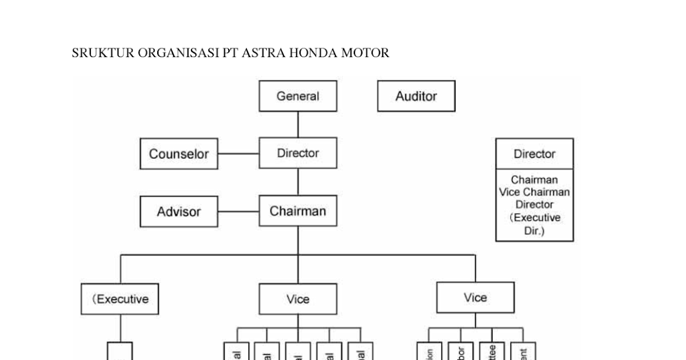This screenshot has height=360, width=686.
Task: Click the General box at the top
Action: [x=298, y=96]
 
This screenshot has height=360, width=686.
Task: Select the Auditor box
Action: [x=416, y=96]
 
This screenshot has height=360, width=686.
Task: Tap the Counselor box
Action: [x=179, y=154]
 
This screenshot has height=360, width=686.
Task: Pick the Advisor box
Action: [x=179, y=211]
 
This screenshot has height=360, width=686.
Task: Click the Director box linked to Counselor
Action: [x=298, y=153]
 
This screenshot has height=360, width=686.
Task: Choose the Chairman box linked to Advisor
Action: [x=298, y=211]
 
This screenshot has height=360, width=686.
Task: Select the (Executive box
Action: [x=120, y=299]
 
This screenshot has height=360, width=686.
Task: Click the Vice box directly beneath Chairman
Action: [x=298, y=299]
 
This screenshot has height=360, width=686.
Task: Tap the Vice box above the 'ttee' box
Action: [x=475, y=297]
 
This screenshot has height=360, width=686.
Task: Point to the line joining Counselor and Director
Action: [x=238, y=154]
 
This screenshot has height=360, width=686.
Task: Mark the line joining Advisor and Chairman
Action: [x=238, y=211]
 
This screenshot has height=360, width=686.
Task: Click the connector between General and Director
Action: [x=298, y=125]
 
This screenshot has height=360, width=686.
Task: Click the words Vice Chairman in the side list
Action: [x=534, y=192]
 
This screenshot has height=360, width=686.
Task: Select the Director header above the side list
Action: [x=534, y=154]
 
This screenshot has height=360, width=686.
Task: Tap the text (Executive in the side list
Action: [x=534, y=218]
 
